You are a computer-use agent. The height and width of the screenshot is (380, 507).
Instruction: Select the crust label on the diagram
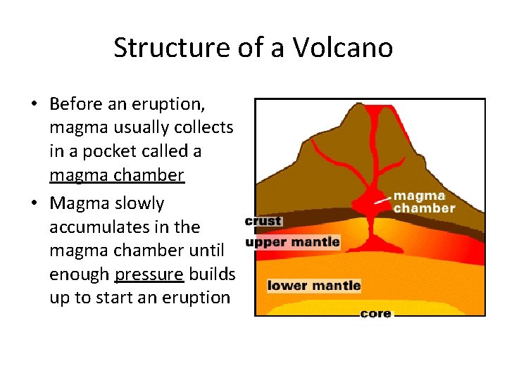[x=263, y=221]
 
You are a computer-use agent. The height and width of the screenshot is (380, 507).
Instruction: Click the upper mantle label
[x=292, y=243]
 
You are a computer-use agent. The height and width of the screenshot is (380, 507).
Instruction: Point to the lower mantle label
[x=314, y=286]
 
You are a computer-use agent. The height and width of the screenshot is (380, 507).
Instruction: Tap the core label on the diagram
[x=375, y=314]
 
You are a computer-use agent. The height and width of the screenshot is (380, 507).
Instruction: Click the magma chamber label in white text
[x=424, y=202]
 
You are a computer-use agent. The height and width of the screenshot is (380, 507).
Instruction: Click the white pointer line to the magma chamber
[x=382, y=200]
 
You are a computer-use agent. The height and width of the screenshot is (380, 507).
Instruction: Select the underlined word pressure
[x=148, y=274]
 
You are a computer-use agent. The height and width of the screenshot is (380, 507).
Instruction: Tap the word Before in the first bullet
[x=77, y=104]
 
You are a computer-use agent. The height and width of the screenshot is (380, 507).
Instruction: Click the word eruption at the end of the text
[x=198, y=298]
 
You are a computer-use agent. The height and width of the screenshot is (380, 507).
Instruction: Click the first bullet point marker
[x=33, y=105]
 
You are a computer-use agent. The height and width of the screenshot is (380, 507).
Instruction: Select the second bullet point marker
[x=33, y=204]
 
